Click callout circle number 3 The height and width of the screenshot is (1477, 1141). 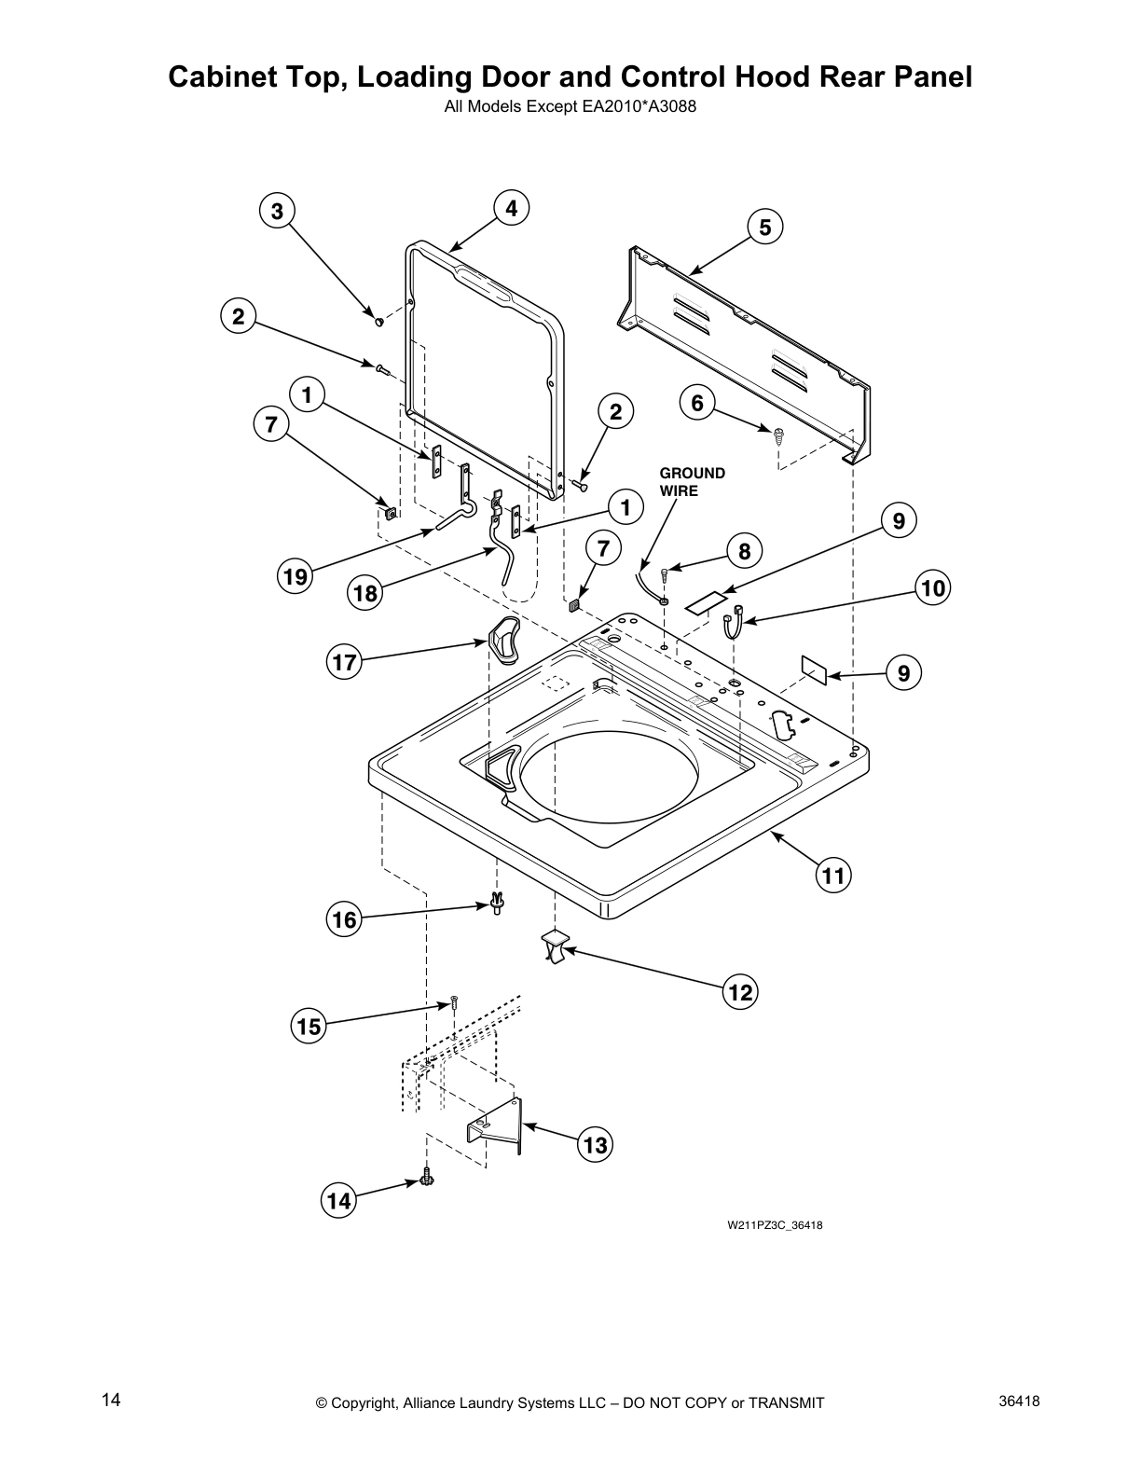[277, 211]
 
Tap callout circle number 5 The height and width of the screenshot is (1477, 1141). [764, 227]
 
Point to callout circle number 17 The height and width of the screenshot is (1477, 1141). [344, 663]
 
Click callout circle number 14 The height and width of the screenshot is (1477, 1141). [339, 1201]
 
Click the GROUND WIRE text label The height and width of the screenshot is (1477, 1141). [692, 481]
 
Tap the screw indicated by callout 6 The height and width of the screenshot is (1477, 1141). [777, 432]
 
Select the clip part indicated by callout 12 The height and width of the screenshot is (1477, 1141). [555, 946]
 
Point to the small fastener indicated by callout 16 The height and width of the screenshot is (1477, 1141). [498, 903]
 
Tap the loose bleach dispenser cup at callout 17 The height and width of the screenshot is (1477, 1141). [504, 642]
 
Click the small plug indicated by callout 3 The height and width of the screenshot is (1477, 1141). [379, 322]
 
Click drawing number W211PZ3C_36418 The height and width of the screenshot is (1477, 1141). [774, 1225]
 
